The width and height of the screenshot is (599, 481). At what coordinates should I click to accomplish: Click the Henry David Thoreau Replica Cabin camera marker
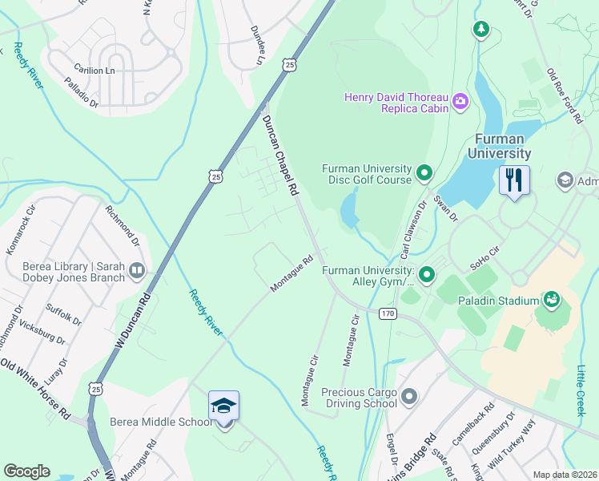pyautogui.click(x=460, y=101)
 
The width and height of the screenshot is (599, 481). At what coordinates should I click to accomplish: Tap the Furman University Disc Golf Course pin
pyautogui.click(x=424, y=172)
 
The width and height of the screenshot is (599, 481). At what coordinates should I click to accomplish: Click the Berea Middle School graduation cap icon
pyautogui.click(x=224, y=406)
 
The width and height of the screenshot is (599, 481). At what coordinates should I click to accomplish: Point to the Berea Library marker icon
pyautogui.click(x=137, y=272)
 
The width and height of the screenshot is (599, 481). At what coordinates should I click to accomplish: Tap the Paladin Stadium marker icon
pyautogui.click(x=551, y=301)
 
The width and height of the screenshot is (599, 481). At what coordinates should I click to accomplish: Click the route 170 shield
pyautogui.click(x=388, y=313)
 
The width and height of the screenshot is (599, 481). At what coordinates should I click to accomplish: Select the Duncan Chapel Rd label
pyautogui.click(x=280, y=155)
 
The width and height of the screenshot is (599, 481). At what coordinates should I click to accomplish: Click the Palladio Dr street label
pyautogui.click(x=81, y=92)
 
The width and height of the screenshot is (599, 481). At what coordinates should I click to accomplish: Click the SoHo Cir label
pyautogui.click(x=485, y=257)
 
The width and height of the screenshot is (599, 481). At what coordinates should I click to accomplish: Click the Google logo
pyautogui.click(x=27, y=471)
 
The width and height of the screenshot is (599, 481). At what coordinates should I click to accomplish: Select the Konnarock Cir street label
pyautogui.click(x=22, y=231)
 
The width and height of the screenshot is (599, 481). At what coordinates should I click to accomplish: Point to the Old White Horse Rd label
pyautogui.click(x=36, y=393)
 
